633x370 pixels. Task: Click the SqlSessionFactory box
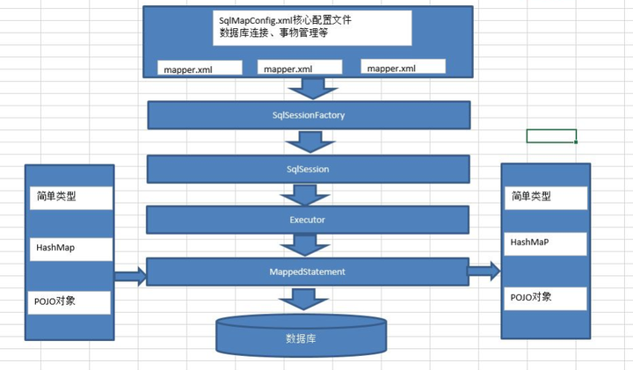point(309,114)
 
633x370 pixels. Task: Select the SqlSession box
point(309,169)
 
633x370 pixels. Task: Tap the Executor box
point(309,217)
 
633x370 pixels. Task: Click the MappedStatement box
point(309,272)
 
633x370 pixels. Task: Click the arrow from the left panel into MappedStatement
point(129,276)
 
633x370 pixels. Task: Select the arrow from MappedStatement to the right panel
point(483,272)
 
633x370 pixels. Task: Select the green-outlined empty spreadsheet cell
point(551,136)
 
